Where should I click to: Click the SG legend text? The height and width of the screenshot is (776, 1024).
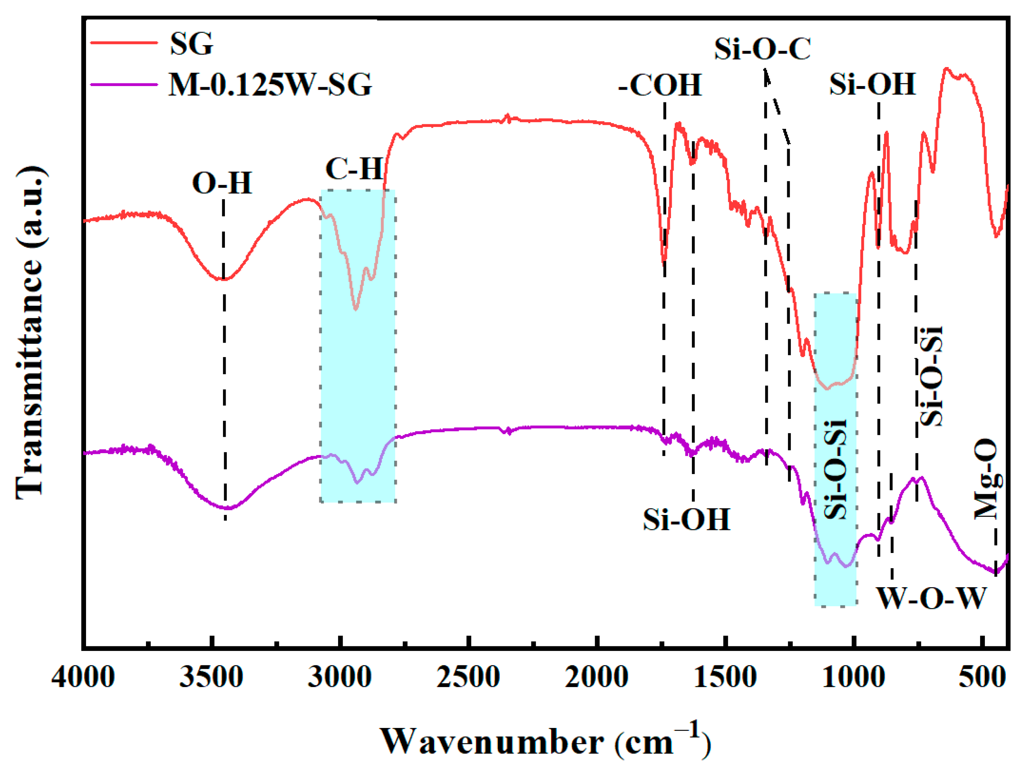(191, 44)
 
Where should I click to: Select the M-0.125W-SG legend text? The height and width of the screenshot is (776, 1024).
(270, 85)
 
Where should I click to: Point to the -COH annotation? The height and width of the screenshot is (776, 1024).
(660, 85)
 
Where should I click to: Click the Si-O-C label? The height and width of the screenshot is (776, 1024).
(763, 49)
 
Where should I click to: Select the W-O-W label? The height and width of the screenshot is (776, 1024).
(931, 599)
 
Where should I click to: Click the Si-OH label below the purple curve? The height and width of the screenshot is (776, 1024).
(687, 519)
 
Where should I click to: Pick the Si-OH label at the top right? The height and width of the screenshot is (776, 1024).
(872, 84)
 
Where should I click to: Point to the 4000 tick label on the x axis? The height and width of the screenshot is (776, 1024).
(83, 677)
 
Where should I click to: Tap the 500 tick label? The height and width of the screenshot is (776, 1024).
(982, 677)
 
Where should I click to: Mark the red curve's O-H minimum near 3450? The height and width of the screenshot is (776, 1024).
(222, 279)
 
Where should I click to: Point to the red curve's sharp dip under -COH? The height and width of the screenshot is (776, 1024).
(664, 262)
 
